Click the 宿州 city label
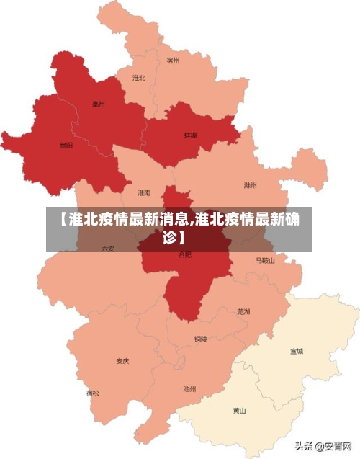173,61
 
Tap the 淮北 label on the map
139,78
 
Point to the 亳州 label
99,104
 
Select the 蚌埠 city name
190,135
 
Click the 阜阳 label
66,146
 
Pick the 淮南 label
144,193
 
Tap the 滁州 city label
250,184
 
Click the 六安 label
108,249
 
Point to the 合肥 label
185,254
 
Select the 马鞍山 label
265,260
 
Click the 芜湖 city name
243,311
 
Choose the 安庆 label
122,361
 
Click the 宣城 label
296,352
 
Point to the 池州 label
189,389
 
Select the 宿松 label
94,393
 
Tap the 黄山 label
239,411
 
